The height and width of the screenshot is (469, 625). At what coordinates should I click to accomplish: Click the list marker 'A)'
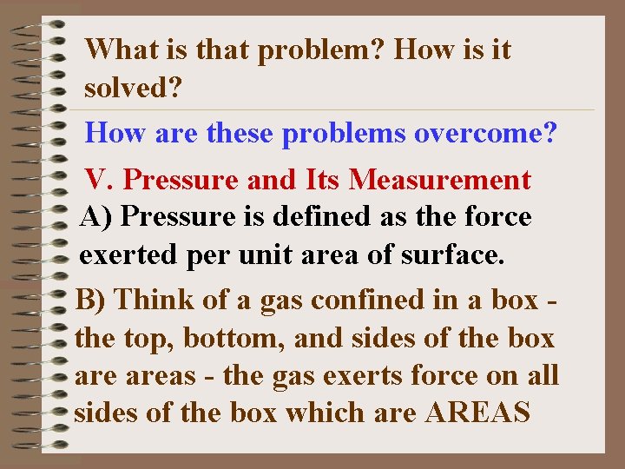tap(95, 216)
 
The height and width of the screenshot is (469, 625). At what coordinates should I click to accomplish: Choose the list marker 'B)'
tap(91, 299)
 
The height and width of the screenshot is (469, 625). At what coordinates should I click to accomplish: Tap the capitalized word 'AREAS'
tap(477, 413)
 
